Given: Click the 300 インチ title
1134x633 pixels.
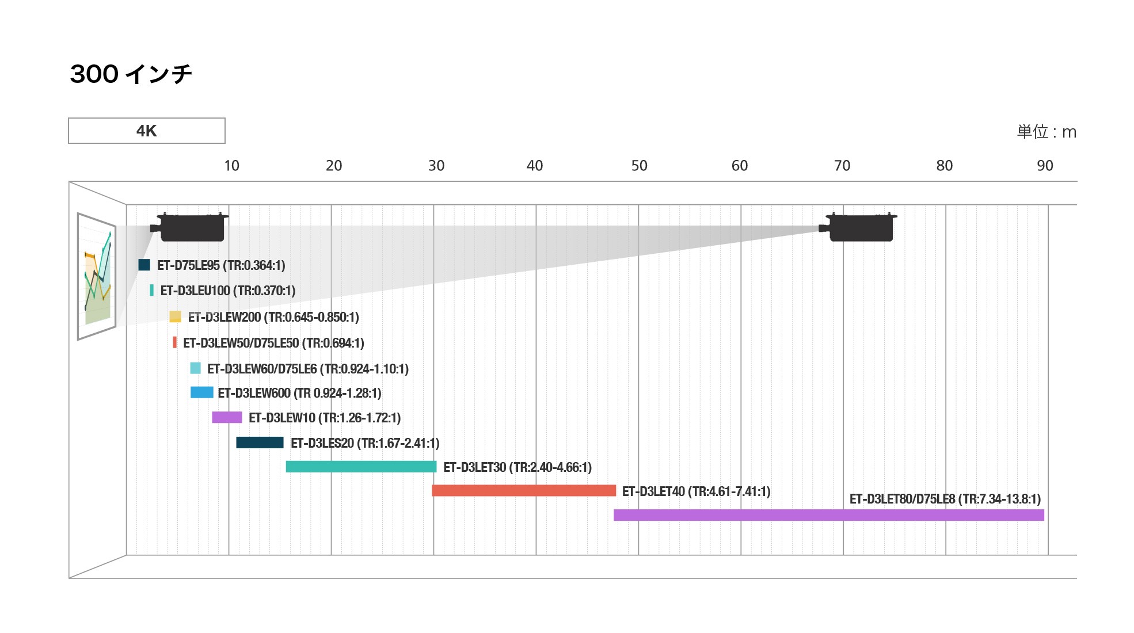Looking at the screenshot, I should [131, 74].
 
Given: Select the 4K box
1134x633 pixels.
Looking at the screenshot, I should [147, 131].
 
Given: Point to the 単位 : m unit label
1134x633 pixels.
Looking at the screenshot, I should [1046, 132].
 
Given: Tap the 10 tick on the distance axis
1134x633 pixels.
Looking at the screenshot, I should [231, 166].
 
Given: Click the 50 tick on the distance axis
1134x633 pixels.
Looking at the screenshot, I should [639, 166].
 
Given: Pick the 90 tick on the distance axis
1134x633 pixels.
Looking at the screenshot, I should [1045, 166].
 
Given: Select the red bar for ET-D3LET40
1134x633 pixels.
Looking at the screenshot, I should [524, 490].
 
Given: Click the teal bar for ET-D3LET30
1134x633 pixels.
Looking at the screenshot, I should [361, 467].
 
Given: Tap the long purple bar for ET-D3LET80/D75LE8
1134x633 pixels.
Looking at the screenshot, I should [828, 515].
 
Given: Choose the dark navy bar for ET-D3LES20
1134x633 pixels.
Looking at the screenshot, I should [260, 443].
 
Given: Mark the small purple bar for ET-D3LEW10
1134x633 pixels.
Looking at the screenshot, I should [227, 417].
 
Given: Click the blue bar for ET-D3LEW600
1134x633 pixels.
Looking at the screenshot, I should [201, 392].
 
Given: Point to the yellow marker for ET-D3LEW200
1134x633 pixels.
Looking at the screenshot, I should [175, 316].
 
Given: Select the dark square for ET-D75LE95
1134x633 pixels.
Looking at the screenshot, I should [144, 265].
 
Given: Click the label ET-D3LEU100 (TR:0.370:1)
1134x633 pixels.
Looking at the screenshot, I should [228, 291].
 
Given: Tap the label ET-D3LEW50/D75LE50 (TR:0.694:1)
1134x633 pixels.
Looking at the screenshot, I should [273, 343].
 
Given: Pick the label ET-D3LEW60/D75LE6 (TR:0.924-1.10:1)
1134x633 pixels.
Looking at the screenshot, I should [308, 369].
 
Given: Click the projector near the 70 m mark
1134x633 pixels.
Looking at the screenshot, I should [860, 227].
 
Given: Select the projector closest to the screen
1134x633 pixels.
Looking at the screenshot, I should [190, 227].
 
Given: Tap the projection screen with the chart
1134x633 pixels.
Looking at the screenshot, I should [97, 276].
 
